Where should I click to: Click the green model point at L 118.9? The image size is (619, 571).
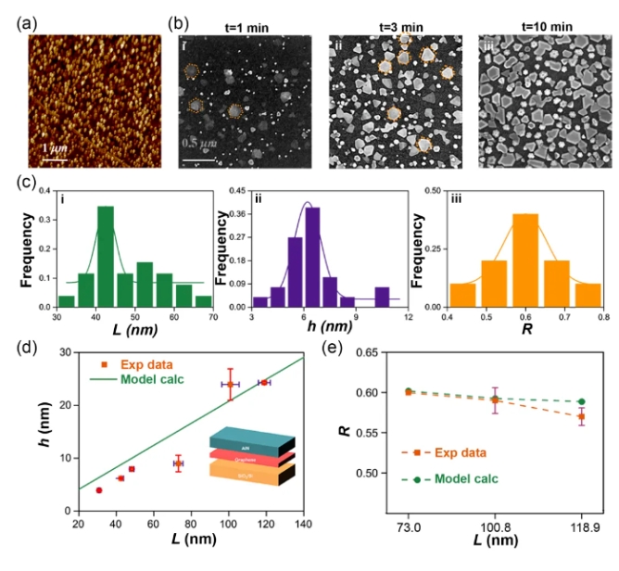pyautogui.click(x=581, y=401)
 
